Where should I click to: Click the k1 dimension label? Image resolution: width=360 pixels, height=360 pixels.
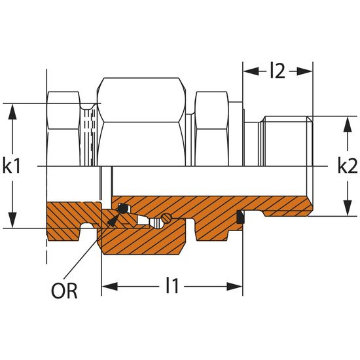pyautogui.click(x=12, y=166)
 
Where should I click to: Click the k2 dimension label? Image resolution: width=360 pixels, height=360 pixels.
pyautogui.click(x=348, y=166)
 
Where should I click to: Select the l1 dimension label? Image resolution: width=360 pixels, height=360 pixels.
pyautogui.click(x=172, y=285)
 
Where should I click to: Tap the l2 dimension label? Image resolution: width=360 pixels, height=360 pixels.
pyautogui.click(x=278, y=71)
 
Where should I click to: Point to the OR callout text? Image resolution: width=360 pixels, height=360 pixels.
pyautogui.click(x=64, y=291)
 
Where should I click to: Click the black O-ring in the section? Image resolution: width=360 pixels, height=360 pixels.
pyautogui.click(x=122, y=208)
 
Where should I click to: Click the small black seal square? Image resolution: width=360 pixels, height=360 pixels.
pyautogui.click(x=240, y=217)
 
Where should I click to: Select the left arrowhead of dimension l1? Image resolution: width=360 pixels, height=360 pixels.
pyautogui.click(x=110, y=287)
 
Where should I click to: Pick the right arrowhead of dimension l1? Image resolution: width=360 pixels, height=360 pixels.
pyautogui.click(x=234, y=287)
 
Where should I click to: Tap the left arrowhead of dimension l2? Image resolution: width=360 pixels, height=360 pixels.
pyautogui.click(x=251, y=71)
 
